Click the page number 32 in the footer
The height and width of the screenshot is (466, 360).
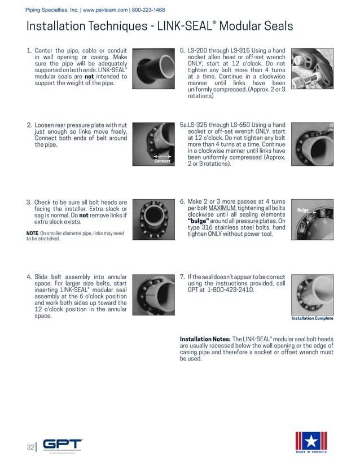click(29, 447)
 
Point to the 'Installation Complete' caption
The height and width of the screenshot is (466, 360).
click(312, 318)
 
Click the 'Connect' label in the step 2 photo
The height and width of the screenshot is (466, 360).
click(162, 161)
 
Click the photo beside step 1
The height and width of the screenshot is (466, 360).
click(155, 69)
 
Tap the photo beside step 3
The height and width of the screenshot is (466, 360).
click(155, 218)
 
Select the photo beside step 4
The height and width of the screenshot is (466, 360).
click(155, 296)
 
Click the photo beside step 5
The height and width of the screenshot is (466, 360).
click(312, 69)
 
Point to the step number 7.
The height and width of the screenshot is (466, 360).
click(182, 277)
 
